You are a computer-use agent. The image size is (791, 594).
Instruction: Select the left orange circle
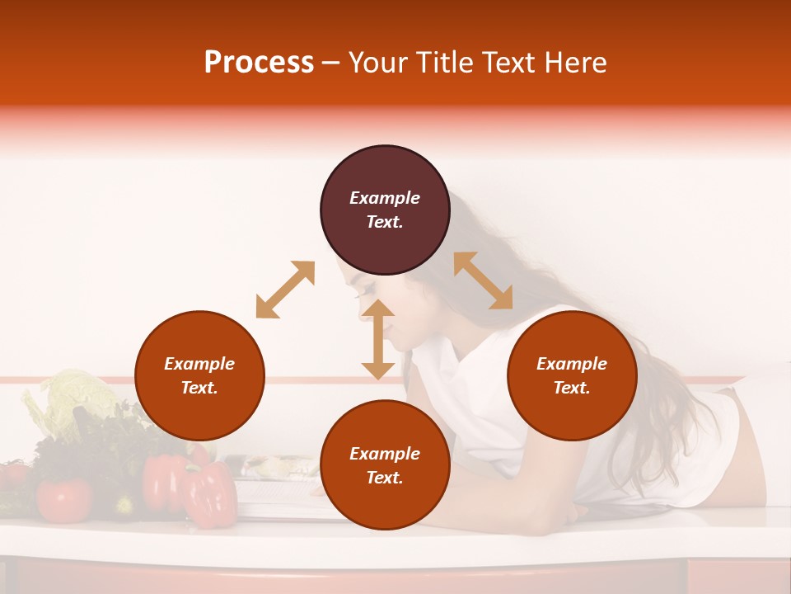point(199,375)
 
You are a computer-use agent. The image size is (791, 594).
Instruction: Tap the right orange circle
point(572,375)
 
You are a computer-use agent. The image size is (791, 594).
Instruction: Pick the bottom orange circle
point(385,465)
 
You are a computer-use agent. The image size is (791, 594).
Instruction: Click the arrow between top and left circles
point(285,290)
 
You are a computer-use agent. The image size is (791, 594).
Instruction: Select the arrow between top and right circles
point(483,280)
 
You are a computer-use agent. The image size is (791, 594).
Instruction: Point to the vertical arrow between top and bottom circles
point(378,339)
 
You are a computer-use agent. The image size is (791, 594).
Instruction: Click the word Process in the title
point(259,62)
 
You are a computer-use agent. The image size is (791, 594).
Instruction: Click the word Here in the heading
point(577,62)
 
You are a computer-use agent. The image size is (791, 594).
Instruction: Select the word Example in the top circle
point(385,198)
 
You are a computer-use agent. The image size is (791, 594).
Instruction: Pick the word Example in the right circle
point(572,364)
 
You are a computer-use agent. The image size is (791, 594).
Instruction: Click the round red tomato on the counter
point(63,499)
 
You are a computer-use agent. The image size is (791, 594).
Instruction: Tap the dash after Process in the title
point(330,63)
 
